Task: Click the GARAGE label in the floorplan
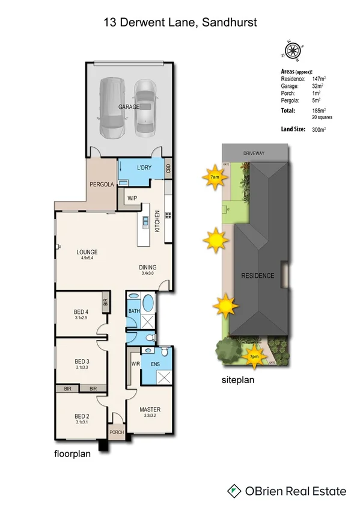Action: (x=129, y=106)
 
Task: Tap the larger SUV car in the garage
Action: (x=112, y=106)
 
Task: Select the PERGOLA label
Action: (x=102, y=184)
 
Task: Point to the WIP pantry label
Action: (x=132, y=197)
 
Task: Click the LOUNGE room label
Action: (x=87, y=251)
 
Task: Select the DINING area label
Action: (x=147, y=267)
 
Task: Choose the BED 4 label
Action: (x=81, y=311)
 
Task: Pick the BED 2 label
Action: (x=81, y=416)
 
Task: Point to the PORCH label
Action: (x=116, y=433)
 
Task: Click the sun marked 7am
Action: (x=215, y=177)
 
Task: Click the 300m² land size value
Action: (x=319, y=129)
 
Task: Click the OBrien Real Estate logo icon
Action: (x=234, y=491)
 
